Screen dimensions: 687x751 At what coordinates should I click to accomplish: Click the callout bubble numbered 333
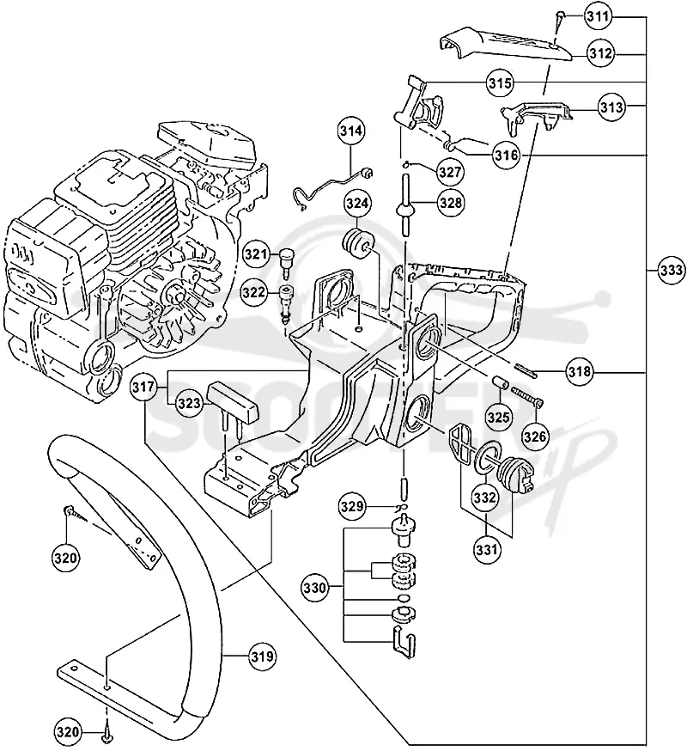click(x=671, y=271)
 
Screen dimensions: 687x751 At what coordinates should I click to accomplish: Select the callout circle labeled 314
click(x=351, y=131)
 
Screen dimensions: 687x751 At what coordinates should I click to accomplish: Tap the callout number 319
click(x=263, y=656)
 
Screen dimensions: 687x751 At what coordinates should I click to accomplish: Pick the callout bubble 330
click(x=314, y=587)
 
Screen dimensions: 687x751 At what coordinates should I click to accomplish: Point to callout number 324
click(x=357, y=204)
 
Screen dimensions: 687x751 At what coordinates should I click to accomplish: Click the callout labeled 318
click(x=580, y=371)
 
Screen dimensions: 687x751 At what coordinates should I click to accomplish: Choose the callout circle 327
click(x=449, y=172)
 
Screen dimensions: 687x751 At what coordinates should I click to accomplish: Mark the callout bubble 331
click(x=486, y=549)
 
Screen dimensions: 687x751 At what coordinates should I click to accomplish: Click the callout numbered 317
click(x=143, y=386)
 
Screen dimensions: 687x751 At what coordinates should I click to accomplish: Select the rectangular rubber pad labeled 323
click(x=233, y=402)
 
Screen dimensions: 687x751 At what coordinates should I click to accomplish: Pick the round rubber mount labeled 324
click(x=356, y=244)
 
